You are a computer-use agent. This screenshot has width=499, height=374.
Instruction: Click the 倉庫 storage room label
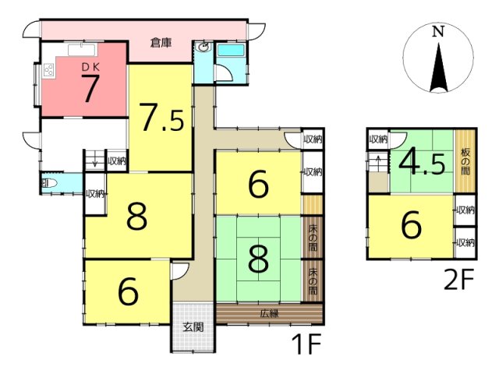pyautogui.click(x=161, y=43)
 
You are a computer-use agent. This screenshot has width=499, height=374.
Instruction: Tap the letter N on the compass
pyautogui.click(x=438, y=32)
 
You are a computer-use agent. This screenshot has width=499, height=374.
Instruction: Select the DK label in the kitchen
pyautogui.click(x=90, y=67)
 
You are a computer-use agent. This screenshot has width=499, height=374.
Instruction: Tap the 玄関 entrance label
pyautogui.click(x=193, y=327)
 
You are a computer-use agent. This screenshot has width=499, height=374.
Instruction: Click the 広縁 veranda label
pyautogui.click(x=270, y=313)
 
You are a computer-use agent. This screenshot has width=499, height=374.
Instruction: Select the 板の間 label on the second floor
pyautogui.click(x=465, y=161)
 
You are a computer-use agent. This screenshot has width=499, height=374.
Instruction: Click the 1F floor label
pyautogui.click(x=306, y=344)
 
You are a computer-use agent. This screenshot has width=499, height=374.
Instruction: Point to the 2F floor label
pyautogui.click(x=459, y=279)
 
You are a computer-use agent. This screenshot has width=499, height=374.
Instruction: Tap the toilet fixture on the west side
pyautogui.click(x=49, y=183)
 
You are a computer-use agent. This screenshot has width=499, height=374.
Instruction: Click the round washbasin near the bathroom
pyautogui.click(x=203, y=48)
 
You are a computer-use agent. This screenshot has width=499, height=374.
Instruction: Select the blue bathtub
pyautogui.click(x=231, y=50)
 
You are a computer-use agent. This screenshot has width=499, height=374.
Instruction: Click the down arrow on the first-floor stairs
pyautogui.click(x=94, y=162)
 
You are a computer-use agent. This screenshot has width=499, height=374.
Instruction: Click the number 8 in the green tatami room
pyautogui.click(x=258, y=259)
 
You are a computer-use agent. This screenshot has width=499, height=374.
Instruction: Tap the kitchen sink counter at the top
pyautogui.click(x=82, y=50)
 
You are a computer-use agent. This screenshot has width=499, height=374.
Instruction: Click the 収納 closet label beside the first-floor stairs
pyautogui.click(x=117, y=161)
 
